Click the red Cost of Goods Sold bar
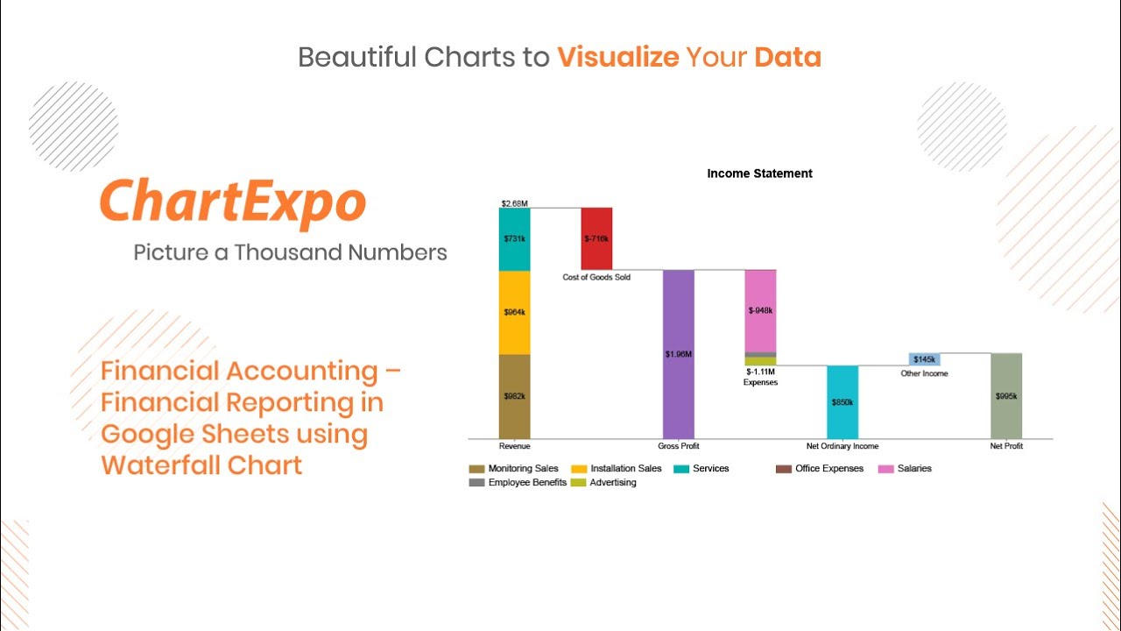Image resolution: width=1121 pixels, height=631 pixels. click(596, 238)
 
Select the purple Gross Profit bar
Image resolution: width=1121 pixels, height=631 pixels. click(678, 354)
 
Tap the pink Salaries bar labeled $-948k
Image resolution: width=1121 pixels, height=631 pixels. click(760, 310)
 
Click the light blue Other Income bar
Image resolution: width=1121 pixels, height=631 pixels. click(924, 359)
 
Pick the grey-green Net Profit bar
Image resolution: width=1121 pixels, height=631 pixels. click(1006, 396)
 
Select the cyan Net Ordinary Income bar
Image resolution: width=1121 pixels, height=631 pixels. click(843, 402)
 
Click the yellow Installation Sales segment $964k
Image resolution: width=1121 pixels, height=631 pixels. click(514, 312)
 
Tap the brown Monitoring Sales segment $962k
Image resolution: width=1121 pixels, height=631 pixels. click(514, 396)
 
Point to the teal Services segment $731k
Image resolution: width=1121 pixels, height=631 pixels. click(514, 239)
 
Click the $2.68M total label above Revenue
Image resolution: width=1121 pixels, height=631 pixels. click(514, 203)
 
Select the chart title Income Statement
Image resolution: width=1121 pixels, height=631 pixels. click(759, 174)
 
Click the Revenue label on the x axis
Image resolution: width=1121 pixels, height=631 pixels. click(514, 446)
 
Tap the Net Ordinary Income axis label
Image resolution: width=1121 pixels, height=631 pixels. click(843, 446)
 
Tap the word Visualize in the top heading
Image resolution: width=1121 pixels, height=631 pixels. click(618, 58)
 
